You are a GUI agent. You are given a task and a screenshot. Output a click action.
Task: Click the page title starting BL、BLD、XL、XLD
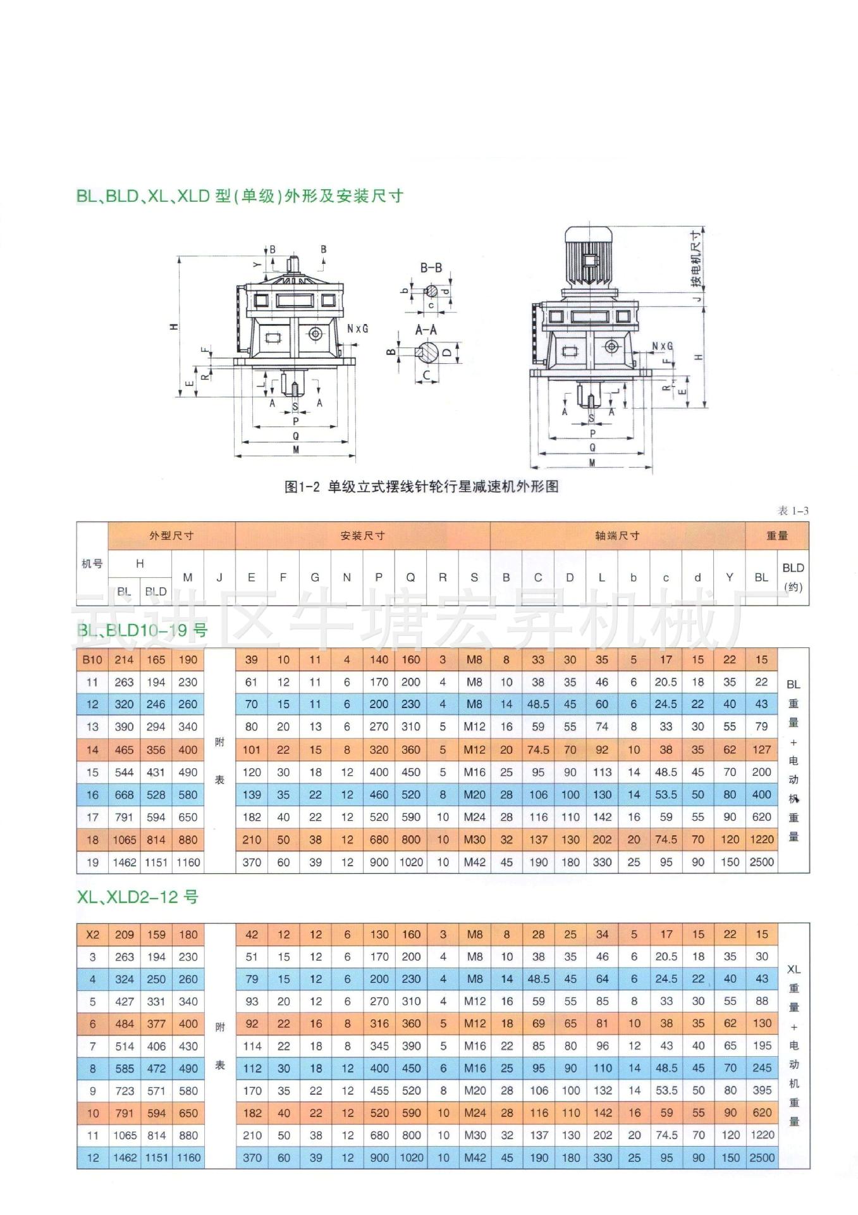click(x=240, y=196)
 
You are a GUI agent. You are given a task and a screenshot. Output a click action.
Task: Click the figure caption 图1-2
click(x=421, y=487)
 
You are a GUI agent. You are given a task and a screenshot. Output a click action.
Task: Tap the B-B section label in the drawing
click(x=431, y=268)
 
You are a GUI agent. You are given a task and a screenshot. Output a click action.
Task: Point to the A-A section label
click(x=426, y=330)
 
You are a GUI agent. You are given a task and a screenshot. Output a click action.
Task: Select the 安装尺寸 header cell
click(x=362, y=536)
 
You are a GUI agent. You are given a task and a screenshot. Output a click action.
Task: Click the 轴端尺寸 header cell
click(x=617, y=536)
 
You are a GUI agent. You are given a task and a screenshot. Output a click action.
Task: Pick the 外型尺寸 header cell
click(x=171, y=536)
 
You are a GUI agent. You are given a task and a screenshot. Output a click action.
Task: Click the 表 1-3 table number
click(x=793, y=511)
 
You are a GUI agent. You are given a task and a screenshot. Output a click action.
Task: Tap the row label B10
click(x=92, y=659)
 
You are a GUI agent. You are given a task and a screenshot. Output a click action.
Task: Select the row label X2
click(x=92, y=935)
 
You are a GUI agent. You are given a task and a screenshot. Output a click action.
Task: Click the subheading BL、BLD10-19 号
click(x=142, y=630)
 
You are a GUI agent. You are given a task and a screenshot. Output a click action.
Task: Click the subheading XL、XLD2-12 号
click(x=138, y=897)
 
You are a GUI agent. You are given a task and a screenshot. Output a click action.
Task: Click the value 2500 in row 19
click(x=761, y=862)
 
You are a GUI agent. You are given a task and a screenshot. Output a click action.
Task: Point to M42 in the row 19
click(x=474, y=862)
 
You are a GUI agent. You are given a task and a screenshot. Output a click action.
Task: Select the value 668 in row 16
click(x=124, y=795)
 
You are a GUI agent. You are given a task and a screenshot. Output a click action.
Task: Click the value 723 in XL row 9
click(x=125, y=1091)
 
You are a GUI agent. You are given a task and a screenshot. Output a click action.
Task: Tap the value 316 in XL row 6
click(x=379, y=1024)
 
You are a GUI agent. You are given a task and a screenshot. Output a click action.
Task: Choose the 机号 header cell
click(x=92, y=564)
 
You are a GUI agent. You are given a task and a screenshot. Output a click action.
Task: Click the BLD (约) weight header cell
click(x=793, y=577)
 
